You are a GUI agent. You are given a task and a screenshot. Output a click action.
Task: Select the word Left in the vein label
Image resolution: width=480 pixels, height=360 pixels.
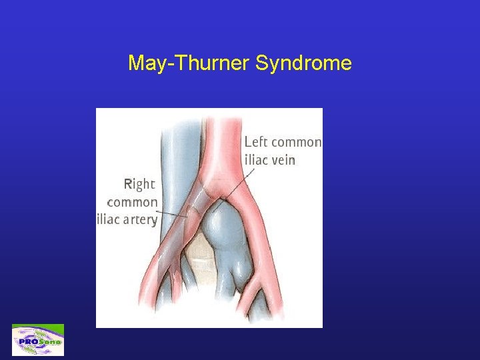[257, 142]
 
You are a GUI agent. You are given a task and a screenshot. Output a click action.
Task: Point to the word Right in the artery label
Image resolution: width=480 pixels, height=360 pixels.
[140, 184]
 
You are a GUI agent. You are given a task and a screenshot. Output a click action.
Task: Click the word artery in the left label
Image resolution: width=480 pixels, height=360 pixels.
[139, 220]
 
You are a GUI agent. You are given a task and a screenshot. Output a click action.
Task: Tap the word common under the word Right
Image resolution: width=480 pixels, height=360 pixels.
[133, 202]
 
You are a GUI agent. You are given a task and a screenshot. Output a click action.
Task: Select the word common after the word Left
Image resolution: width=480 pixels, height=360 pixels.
[297, 142]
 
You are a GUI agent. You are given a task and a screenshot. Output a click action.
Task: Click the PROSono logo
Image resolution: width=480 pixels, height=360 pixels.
[38, 340]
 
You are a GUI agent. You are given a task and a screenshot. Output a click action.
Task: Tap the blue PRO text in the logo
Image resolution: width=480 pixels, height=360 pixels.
[29, 341]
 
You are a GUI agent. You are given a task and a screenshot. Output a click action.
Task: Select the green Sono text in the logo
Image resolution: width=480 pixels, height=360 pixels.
[50, 341]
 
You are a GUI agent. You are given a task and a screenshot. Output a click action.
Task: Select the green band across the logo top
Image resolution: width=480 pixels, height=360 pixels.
[38, 327]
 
